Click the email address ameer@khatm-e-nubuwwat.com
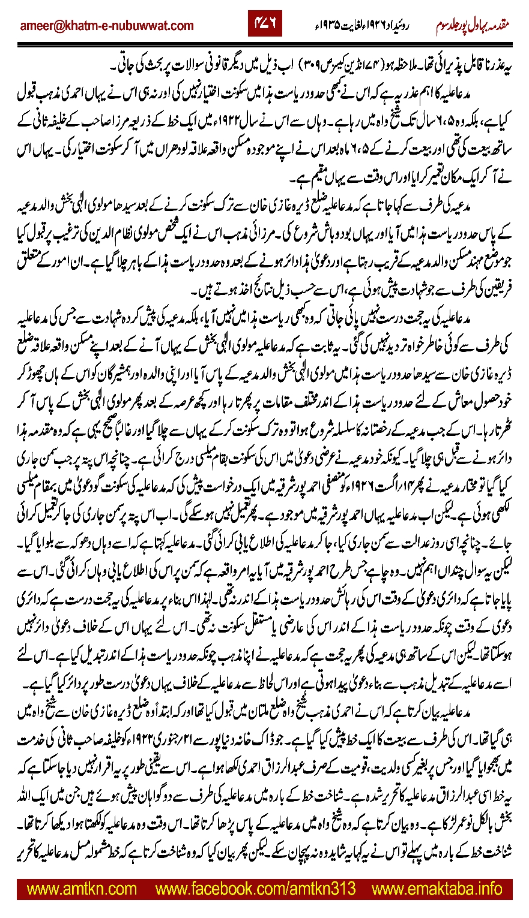(107, 26)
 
